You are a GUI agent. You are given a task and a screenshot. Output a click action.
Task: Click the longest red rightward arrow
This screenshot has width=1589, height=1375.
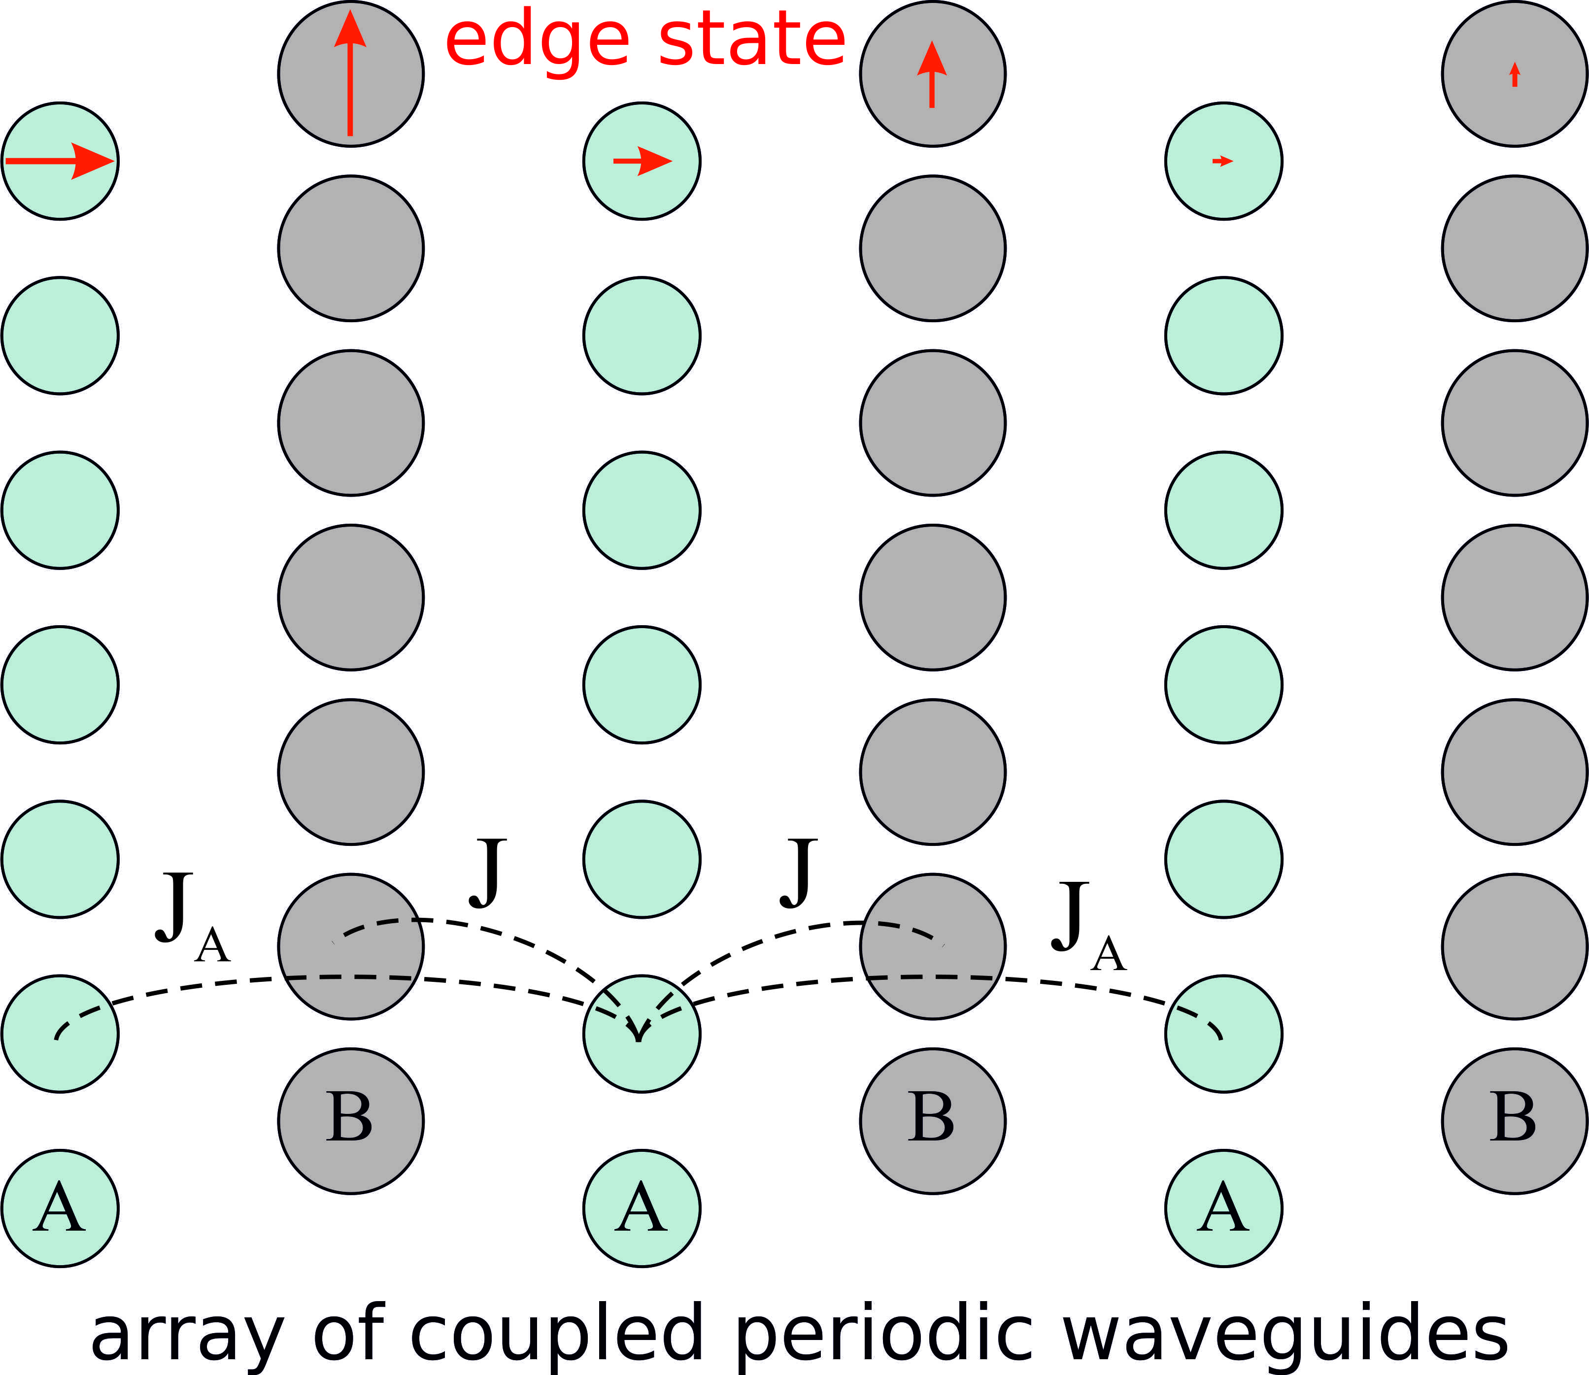tap(60, 161)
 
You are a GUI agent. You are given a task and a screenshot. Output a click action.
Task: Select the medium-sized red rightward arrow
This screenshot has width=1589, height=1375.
tap(642, 161)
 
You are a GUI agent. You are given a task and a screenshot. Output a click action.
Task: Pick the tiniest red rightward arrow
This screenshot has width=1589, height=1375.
tap(1222, 161)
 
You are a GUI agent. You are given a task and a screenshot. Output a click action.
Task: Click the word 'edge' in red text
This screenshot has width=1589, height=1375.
tap(537, 42)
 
